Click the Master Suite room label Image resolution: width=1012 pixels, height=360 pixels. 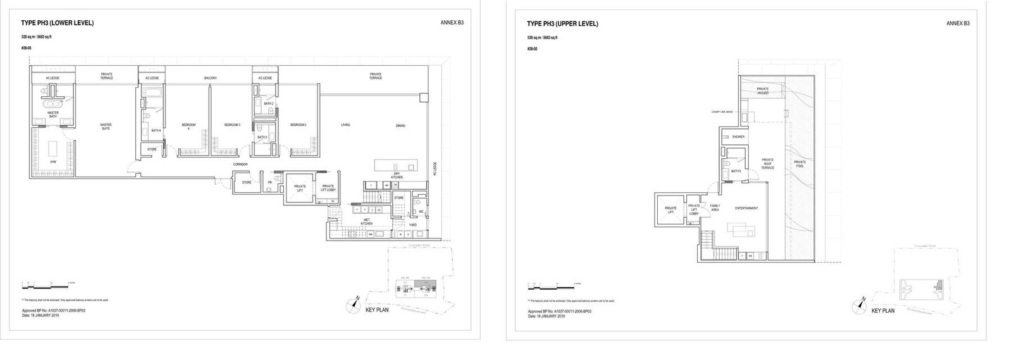[x=106, y=127]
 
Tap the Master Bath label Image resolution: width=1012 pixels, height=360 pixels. [x=53, y=115]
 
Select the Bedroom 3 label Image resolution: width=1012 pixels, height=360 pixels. [x=231, y=125]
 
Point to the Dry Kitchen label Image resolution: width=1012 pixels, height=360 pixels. [x=397, y=175]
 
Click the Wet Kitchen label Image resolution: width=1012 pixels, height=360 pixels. [x=366, y=222]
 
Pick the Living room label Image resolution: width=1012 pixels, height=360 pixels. [x=345, y=125]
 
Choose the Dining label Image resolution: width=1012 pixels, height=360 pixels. [x=400, y=125]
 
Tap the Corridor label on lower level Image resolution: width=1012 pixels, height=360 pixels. [x=240, y=164]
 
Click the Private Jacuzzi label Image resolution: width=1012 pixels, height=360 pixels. [x=762, y=91]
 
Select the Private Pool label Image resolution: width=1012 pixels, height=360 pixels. [x=799, y=164]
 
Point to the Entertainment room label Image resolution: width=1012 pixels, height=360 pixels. [x=746, y=208]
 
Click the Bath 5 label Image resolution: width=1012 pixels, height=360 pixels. [x=736, y=171]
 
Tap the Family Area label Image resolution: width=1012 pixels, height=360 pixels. [x=715, y=208]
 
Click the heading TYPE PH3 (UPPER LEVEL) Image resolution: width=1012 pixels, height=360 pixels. [x=562, y=24]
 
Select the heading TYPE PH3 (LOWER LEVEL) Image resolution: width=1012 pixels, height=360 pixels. [x=58, y=23]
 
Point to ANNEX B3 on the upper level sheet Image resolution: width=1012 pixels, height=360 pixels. [x=958, y=23]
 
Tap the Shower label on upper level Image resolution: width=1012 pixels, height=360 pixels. [x=738, y=137]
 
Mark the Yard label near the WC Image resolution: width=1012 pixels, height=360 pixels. [x=412, y=224]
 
